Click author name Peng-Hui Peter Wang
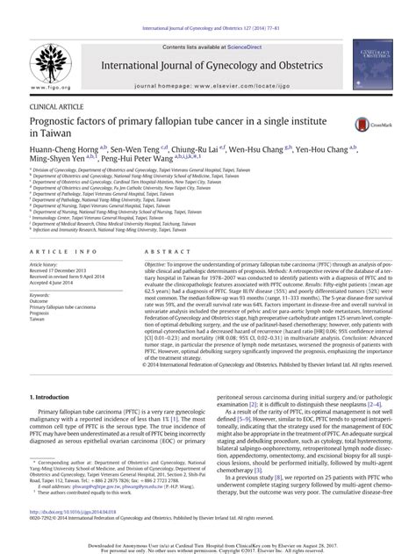[143, 162]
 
